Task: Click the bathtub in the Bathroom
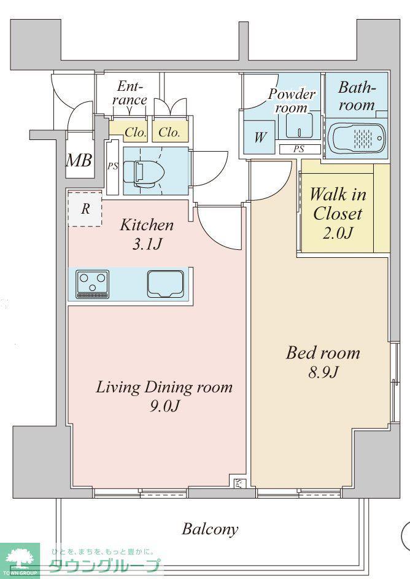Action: tap(357, 137)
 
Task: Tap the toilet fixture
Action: tap(141, 172)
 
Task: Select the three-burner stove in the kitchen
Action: tap(92, 284)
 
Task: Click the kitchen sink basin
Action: tap(166, 284)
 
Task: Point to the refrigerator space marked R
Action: tap(85, 209)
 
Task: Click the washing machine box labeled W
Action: tap(259, 138)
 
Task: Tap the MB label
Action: tap(79, 161)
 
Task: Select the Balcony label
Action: tap(210, 529)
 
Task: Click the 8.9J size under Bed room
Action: tap(323, 373)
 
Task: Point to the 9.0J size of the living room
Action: tap(164, 406)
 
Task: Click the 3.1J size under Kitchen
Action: tap(147, 244)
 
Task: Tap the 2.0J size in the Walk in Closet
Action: tap(338, 233)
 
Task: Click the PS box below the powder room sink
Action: tap(300, 149)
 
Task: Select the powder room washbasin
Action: tap(300, 125)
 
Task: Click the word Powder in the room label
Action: tap(292, 94)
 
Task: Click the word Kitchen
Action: tap(147, 225)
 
